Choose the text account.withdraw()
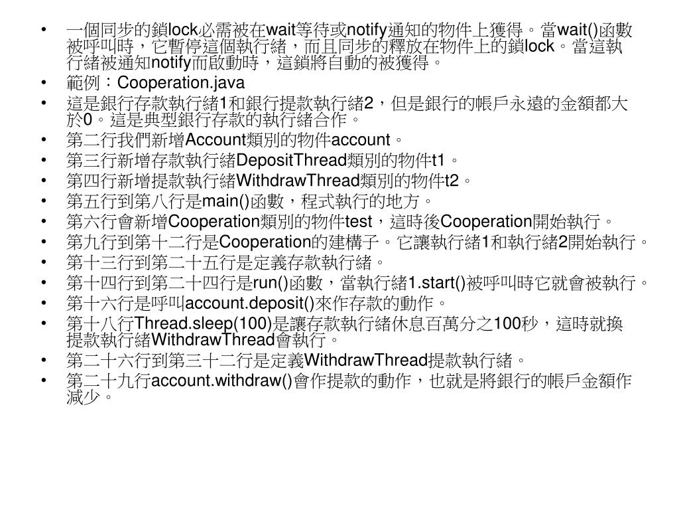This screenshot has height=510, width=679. tap(222, 381)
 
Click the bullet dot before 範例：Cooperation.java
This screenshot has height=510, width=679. tap(44, 83)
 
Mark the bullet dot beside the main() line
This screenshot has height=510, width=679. tap(44, 200)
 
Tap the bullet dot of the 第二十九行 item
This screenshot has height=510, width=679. tap(44, 381)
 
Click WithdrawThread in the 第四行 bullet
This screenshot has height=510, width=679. tap(298, 180)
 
